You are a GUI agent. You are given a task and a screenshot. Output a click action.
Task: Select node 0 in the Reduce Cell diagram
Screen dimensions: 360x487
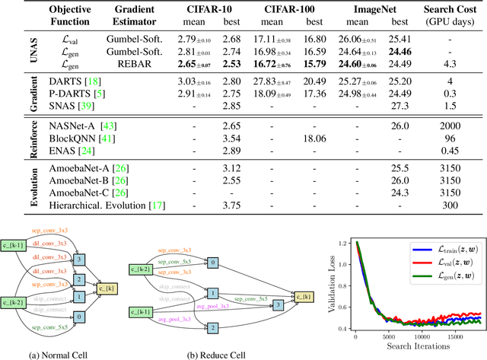coord(213,263)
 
